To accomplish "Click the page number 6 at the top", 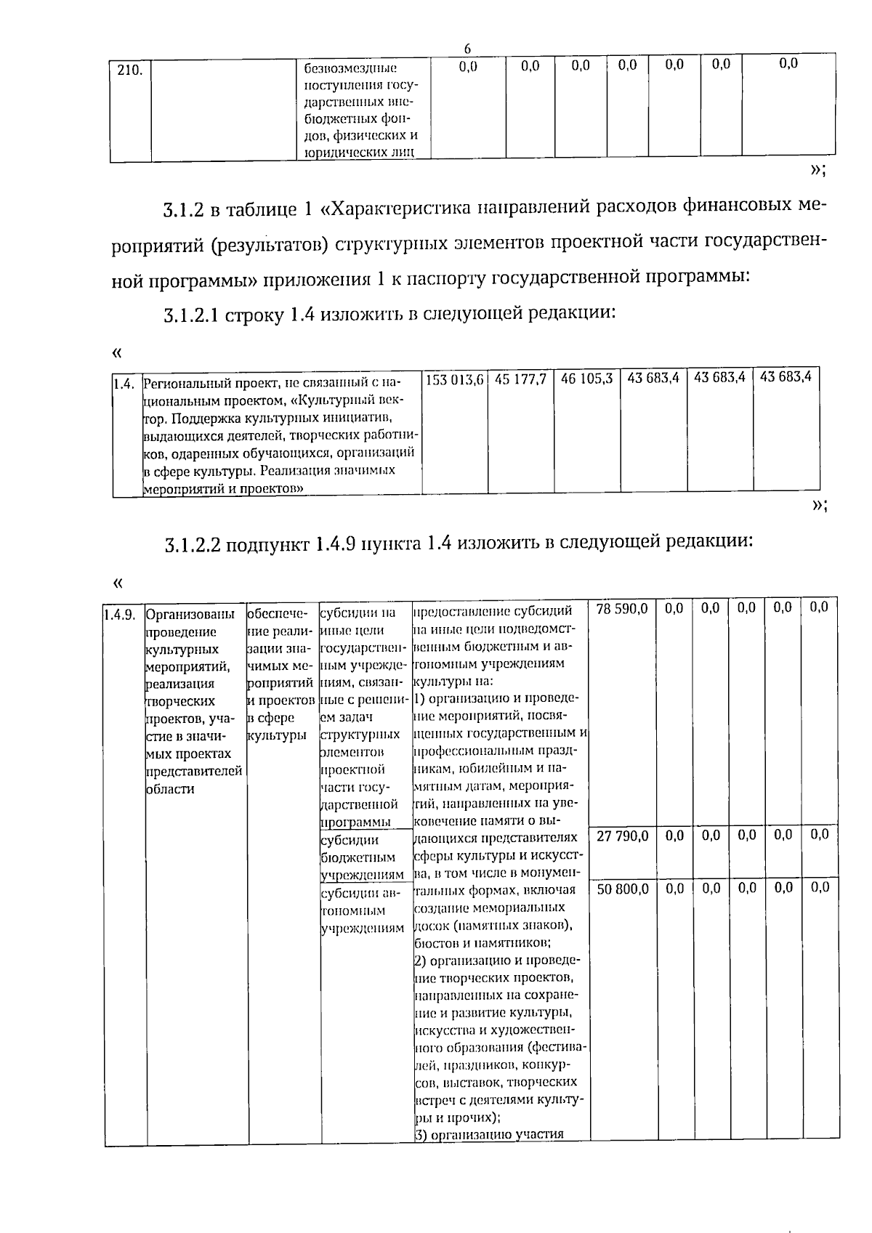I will coord(467,49).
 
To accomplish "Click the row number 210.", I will coord(129,70).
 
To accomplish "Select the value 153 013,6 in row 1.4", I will coord(454,379).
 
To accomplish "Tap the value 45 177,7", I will coord(520,379).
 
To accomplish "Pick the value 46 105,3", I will coord(587,379).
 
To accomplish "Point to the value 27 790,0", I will coord(621,836).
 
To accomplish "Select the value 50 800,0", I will coord(621,888).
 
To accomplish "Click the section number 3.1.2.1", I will coord(192,315).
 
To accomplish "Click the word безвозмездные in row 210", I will coord(350,68).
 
